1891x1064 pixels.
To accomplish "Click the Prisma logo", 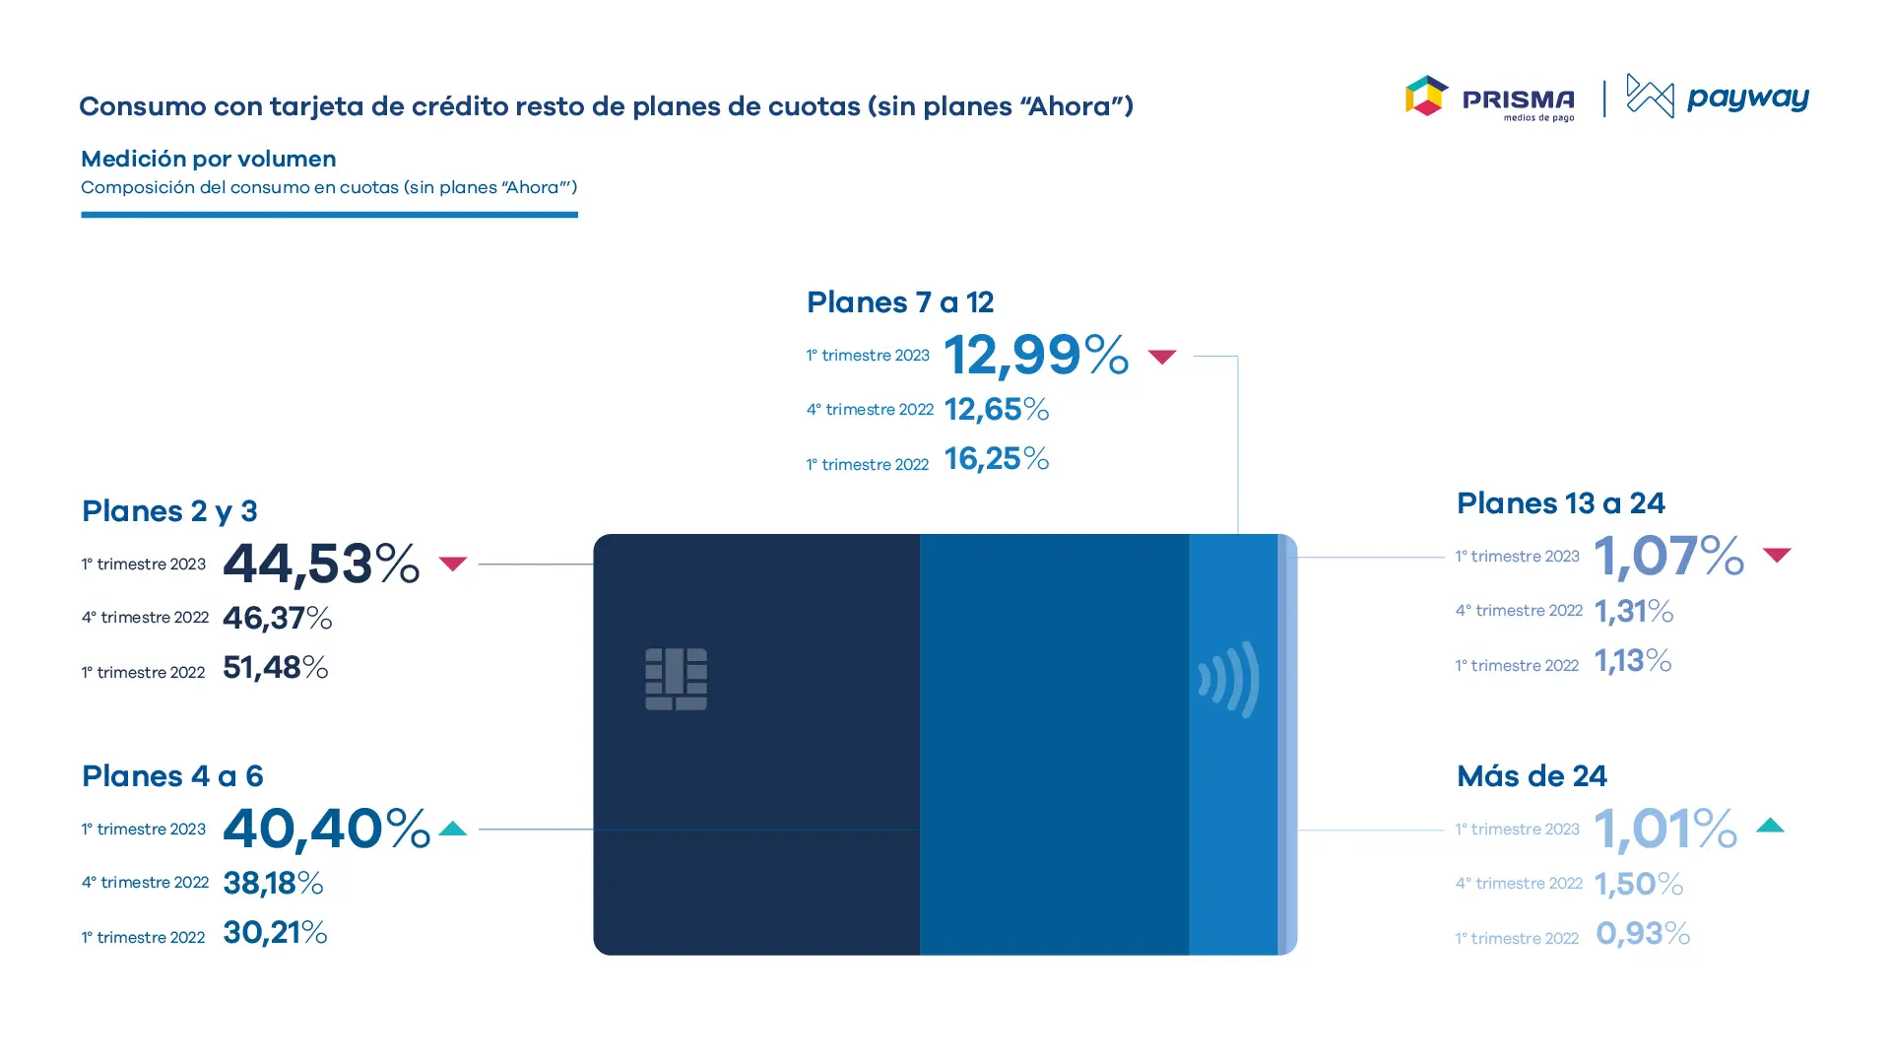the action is (1489, 98).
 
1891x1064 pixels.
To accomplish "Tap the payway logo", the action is (1718, 97).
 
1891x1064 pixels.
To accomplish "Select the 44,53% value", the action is (321, 564).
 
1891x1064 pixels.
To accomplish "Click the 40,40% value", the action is (326, 828).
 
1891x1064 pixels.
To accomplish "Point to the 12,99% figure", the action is (1036, 355).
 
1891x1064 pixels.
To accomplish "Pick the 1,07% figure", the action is (1669, 556).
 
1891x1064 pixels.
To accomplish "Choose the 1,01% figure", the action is (1665, 829).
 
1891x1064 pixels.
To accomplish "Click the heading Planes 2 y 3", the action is (169, 511).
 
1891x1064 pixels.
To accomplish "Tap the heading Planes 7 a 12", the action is (900, 302).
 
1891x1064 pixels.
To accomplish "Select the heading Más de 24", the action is (1532, 776).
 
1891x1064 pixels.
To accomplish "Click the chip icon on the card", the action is (676, 679).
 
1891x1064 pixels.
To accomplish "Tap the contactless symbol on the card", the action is (1229, 679).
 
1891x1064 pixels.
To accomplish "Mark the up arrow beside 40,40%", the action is (453, 829).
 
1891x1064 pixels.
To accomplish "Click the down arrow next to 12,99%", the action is (1162, 357).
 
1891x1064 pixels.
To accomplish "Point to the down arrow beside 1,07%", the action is (1777, 556).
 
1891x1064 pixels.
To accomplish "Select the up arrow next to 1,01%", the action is (1770, 826).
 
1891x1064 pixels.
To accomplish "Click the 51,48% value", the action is (276, 668).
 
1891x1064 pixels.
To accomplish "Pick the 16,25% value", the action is (997, 459).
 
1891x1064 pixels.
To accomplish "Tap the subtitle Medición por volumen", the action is (209, 159).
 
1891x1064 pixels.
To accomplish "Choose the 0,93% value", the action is (1643, 933).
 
